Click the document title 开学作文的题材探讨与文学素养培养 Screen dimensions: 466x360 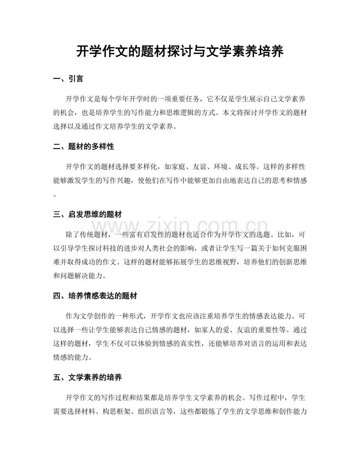click(180, 51)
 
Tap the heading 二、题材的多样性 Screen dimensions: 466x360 click(83, 146)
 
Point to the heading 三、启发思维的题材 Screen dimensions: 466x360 click(88, 214)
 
